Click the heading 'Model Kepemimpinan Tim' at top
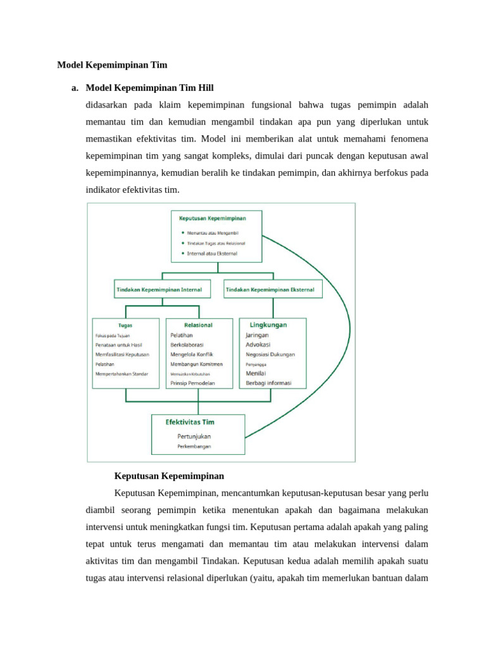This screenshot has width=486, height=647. click(x=112, y=64)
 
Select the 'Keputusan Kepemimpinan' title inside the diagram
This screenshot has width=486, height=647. click(x=213, y=218)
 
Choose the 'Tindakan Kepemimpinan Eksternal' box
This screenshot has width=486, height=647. click(x=273, y=290)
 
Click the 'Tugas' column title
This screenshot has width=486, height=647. click(x=125, y=325)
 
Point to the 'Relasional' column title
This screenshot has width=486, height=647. click(x=198, y=325)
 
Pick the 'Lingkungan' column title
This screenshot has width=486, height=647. click(x=268, y=325)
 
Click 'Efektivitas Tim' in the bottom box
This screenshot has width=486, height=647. click(x=190, y=422)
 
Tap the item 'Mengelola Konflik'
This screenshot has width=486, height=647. click(x=194, y=354)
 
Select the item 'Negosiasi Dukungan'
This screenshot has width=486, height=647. click(x=270, y=354)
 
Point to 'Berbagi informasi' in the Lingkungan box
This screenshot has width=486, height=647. click(x=269, y=384)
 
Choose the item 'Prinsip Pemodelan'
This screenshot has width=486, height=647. click(x=192, y=384)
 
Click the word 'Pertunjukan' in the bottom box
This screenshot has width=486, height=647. click(x=194, y=436)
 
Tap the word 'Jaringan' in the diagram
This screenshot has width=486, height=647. click(x=257, y=335)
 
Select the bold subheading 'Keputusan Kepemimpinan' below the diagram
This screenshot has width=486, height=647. click(x=169, y=475)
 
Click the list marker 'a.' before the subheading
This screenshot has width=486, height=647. click(x=75, y=88)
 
